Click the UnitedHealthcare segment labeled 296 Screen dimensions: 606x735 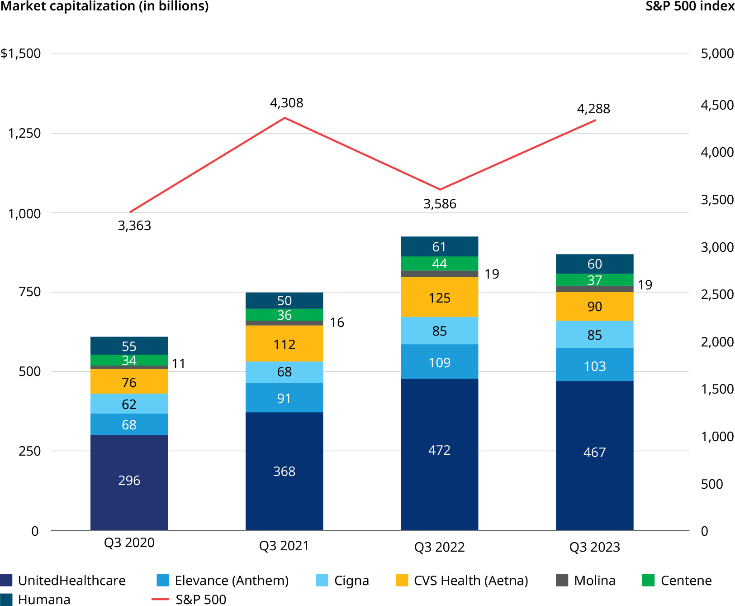(129, 481)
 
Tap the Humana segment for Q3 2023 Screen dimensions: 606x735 (594, 264)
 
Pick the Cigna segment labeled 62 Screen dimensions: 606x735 (129, 404)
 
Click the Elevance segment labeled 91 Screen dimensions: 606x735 (284, 398)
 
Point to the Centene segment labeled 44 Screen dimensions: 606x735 (439, 264)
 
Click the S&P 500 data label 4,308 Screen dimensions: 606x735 (286, 103)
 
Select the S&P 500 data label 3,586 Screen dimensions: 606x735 (440, 204)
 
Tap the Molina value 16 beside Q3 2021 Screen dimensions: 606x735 (337, 322)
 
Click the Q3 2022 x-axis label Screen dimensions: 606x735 (439, 547)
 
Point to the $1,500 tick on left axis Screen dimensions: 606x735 (21, 53)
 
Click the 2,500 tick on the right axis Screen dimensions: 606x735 (717, 294)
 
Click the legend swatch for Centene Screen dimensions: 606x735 (649, 580)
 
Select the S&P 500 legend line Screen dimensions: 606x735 (160, 600)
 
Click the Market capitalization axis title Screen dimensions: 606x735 (104, 6)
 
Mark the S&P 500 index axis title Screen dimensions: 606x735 (690, 6)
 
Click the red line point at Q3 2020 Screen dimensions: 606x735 (130, 212)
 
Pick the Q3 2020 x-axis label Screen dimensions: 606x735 (129, 543)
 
